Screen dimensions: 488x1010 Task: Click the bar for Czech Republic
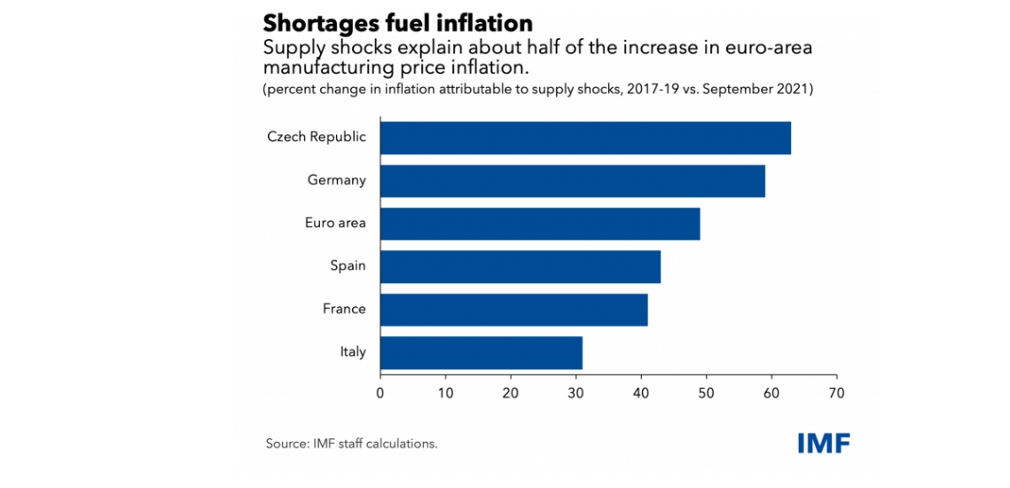(585, 138)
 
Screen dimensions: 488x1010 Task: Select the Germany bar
(572, 180)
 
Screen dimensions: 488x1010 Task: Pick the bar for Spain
(520, 265)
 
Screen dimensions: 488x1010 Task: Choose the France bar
(513, 309)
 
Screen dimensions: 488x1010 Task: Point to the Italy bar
(481, 351)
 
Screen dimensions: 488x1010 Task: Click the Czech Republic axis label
(317, 138)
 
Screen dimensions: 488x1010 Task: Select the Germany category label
(337, 180)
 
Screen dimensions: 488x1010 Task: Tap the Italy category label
(353, 351)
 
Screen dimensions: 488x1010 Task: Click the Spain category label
(348, 265)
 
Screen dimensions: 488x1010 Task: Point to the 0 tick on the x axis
(380, 391)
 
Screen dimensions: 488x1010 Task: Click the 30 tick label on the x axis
(575, 391)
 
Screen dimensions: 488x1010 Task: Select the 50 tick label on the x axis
(706, 391)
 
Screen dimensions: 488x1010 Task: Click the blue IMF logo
(823, 443)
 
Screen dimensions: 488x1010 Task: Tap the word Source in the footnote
(286, 443)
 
